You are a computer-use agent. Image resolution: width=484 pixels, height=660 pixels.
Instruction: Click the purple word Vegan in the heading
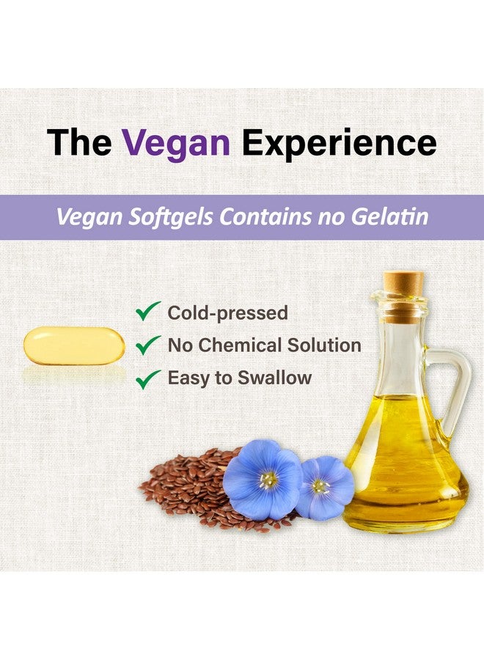pos(176,143)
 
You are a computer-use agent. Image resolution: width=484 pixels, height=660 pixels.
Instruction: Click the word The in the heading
pos(79,143)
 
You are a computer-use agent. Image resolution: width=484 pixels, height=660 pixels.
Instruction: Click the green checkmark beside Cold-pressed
pos(148,311)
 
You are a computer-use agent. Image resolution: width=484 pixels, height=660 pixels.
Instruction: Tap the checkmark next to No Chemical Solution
pos(148,344)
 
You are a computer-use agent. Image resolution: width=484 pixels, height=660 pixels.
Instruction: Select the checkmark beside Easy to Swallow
pos(148,378)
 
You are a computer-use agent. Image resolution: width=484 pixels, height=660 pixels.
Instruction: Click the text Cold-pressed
pos(227,313)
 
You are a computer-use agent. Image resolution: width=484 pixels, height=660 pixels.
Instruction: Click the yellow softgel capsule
pos(74,345)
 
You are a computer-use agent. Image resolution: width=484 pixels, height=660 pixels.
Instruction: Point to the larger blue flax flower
pos(263,480)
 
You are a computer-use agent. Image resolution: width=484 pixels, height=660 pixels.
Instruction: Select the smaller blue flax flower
pos(324,486)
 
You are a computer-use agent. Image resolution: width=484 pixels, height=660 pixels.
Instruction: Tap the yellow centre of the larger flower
pos(268,480)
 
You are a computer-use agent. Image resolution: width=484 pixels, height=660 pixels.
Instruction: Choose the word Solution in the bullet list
pos(323,345)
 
